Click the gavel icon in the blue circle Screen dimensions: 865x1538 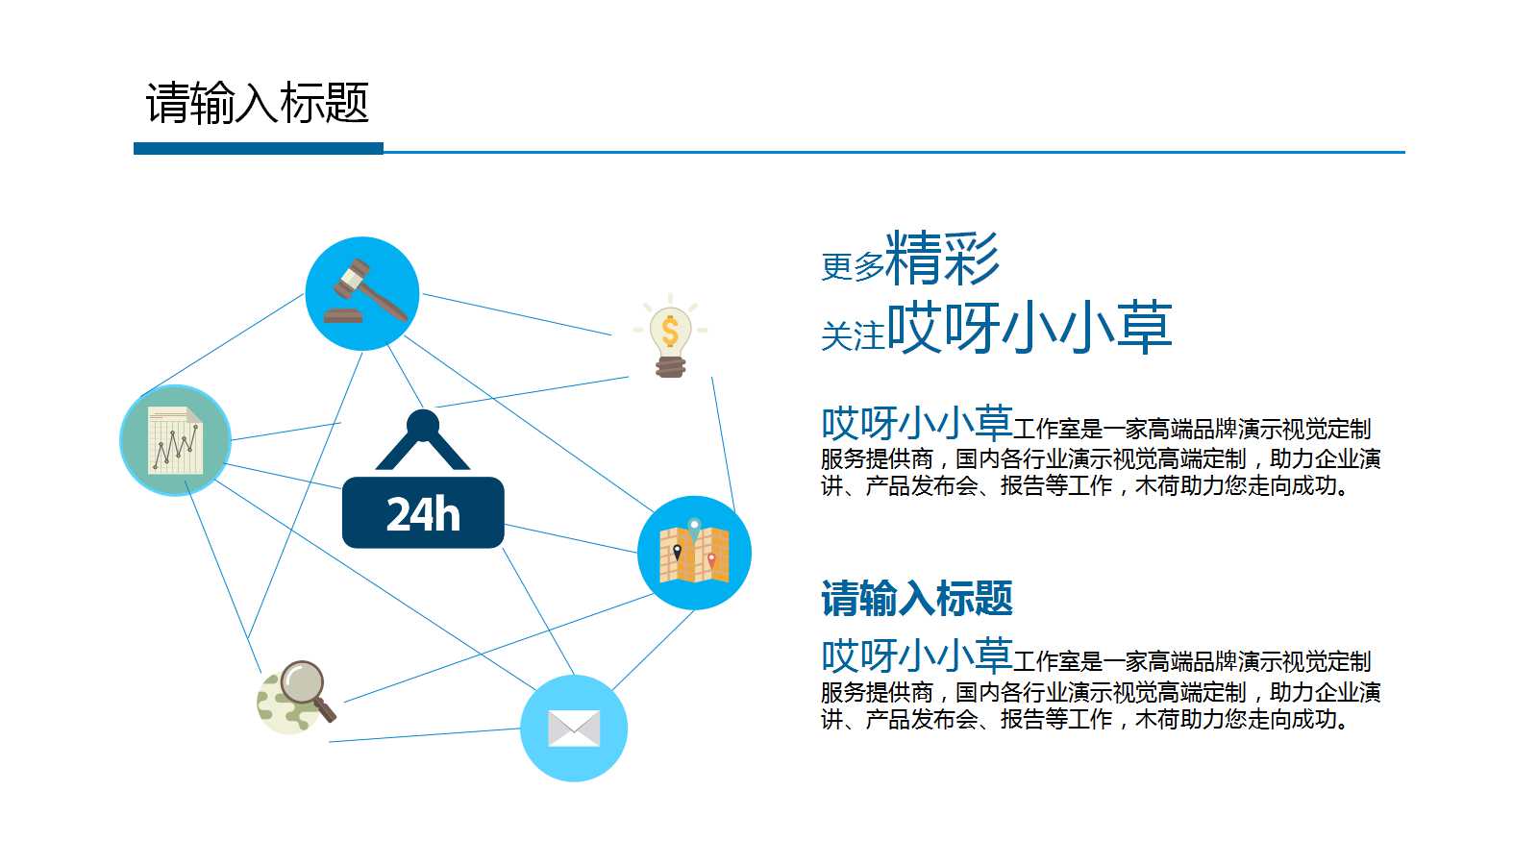click(362, 293)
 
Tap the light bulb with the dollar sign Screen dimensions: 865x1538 click(670, 336)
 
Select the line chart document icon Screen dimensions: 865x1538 click(175, 440)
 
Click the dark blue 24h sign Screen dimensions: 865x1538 click(423, 512)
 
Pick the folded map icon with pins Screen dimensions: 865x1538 click(694, 553)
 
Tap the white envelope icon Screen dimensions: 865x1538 click(574, 729)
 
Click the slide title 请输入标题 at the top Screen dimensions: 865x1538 click(258, 103)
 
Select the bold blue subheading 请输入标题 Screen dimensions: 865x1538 click(916, 598)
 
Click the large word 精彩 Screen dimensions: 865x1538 click(942, 258)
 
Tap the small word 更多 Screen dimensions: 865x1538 click(852, 267)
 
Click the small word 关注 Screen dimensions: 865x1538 click(852, 336)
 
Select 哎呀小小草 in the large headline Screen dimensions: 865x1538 click(1029, 328)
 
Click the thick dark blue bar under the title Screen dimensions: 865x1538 click(258, 149)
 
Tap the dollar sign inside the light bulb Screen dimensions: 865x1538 click(670, 331)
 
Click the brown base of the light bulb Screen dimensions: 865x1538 click(670, 366)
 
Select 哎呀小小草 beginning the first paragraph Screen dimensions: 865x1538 click(916, 423)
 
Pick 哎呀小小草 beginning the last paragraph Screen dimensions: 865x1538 click(916, 655)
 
